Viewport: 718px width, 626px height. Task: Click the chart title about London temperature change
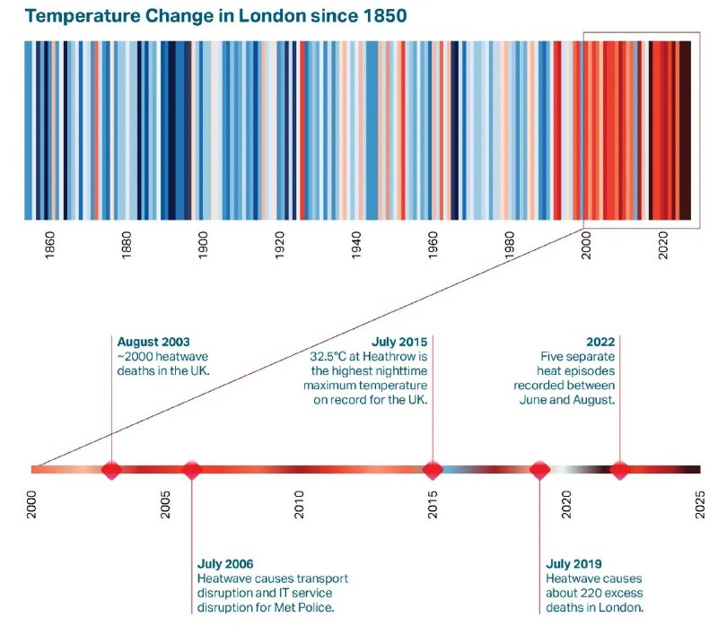(215, 16)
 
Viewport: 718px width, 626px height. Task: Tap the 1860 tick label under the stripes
(50, 245)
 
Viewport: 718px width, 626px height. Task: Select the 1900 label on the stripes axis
(203, 245)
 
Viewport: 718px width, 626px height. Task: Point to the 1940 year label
(356, 245)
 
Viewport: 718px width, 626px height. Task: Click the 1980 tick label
(509, 245)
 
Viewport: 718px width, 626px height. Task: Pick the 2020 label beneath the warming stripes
(662, 245)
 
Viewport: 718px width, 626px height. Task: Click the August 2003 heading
(153, 342)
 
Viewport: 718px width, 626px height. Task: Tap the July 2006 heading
(225, 564)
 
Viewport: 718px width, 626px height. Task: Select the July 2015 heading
(399, 342)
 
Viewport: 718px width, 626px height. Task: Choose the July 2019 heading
(574, 564)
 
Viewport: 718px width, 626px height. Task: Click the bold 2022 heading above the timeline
(600, 342)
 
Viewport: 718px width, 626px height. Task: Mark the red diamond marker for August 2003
(111, 470)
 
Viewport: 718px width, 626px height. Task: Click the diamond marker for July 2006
(192, 470)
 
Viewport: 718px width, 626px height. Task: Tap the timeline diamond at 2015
(433, 470)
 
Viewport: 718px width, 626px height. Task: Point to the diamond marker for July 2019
(540, 470)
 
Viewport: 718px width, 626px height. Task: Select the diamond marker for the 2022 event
(620, 470)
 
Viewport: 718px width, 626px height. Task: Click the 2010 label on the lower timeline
(299, 504)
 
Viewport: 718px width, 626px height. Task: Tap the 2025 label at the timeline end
(700, 504)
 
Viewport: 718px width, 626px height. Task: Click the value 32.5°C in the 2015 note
(328, 356)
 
